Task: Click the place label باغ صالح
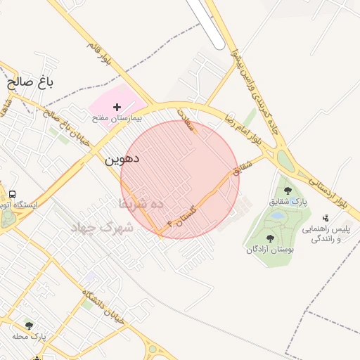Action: coord(31,82)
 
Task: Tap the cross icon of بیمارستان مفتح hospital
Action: coord(117,106)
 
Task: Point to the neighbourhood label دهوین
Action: coord(122,159)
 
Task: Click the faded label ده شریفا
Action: coord(140,204)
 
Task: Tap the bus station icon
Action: coord(12,194)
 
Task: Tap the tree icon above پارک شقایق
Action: coord(287,191)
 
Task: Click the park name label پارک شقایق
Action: coord(288,202)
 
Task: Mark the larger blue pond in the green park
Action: coord(278,215)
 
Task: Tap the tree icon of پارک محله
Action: coord(29,326)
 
